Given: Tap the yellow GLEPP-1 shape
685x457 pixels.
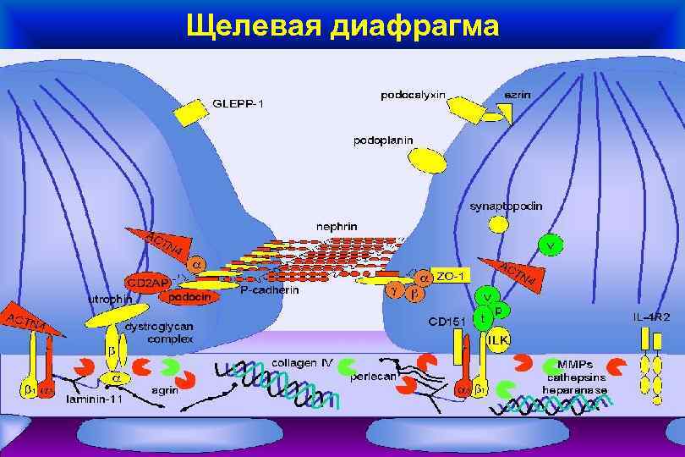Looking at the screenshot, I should coord(190,113).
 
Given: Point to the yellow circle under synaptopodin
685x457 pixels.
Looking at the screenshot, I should coord(499,223).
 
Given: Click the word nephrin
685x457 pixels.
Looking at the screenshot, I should coord(337,227).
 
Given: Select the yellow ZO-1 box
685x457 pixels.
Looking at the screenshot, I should coord(448,276).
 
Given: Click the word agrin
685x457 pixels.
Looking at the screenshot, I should coord(164,391).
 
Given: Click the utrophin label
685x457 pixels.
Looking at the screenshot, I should coord(110,299).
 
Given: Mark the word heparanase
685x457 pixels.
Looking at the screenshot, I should coord(576,390).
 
